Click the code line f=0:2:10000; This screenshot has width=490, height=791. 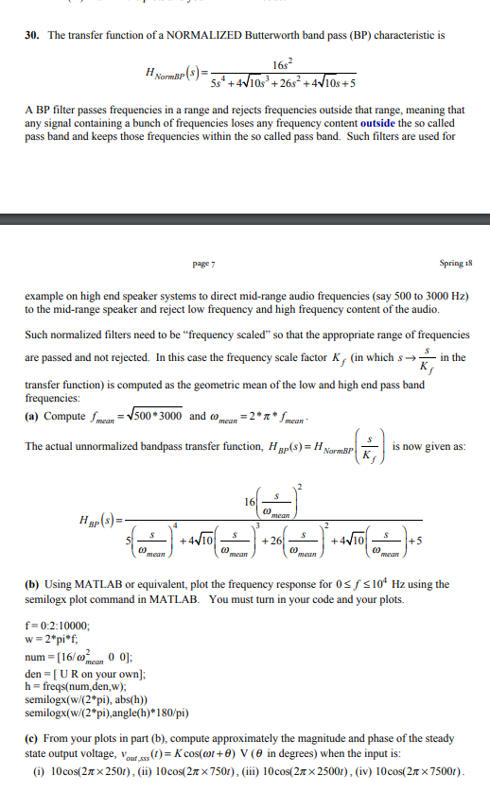(58, 626)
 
